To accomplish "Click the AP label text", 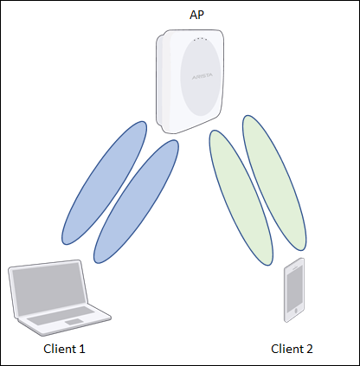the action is click(x=197, y=15).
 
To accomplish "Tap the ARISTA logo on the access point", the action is click(x=202, y=76).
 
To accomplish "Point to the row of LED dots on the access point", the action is click(x=201, y=39).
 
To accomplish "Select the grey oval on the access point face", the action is click(x=201, y=77).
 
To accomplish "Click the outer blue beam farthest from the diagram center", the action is click(x=104, y=183).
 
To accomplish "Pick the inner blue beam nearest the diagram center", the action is click(x=136, y=202).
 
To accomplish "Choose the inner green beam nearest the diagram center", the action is click(x=241, y=197).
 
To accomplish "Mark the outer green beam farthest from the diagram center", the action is click(x=274, y=183).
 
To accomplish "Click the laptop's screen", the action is click(x=48, y=287).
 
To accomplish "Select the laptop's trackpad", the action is click(x=74, y=322).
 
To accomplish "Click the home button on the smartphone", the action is click(x=295, y=311).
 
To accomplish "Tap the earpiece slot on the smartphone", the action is click(x=294, y=267).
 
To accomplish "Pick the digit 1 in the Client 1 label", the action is click(x=82, y=349).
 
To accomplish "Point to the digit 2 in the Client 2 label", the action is click(x=309, y=349).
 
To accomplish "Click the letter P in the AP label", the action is click(x=201, y=15).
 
